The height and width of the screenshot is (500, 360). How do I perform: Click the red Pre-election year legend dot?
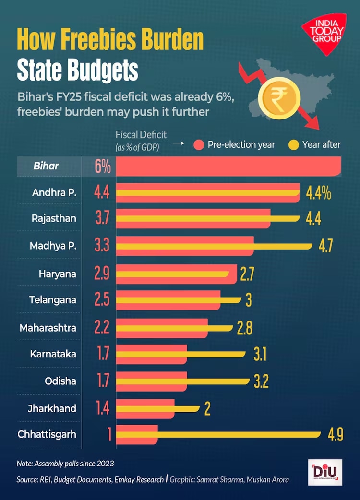pyautogui.click(x=199, y=144)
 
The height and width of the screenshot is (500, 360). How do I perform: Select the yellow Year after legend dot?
pyautogui.click(x=293, y=144)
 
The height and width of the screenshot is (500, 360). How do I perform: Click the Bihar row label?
pyautogui.click(x=46, y=166)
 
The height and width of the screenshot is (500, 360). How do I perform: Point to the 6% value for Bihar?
pyautogui.click(x=103, y=167)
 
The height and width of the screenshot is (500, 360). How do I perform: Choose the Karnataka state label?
pyautogui.click(x=53, y=354)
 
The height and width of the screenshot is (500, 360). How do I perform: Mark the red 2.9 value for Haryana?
pyautogui.click(x=102, y=274)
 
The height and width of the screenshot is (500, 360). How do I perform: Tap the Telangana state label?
pyautogui.click(x=52, y=300)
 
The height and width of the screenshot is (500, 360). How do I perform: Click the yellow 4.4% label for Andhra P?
pyautogui.click(x=318, y=193)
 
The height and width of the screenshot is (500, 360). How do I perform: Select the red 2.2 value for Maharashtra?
pyautogui.click(x=102, y=328)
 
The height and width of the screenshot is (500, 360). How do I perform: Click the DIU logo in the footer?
pyautogui.click(x=325, y=472)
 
